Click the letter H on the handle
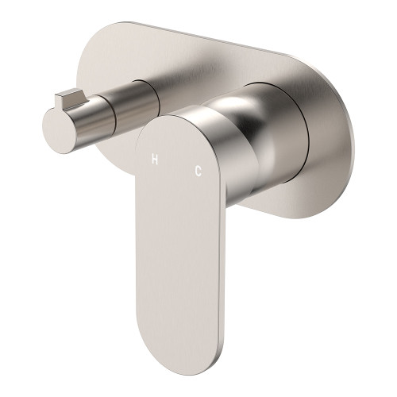coord(156,160)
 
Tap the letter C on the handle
coord(198,169)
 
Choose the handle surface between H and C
coord(177,164)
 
